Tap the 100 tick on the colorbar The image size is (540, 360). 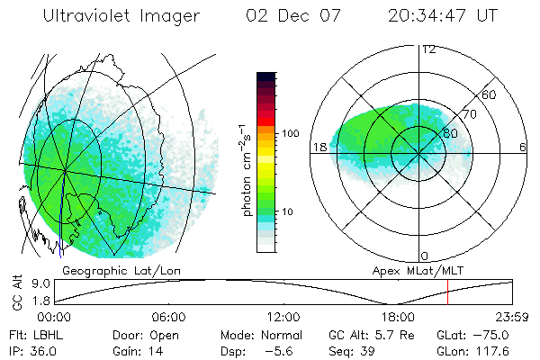(291, 133)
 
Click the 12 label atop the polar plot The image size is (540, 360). (428, 49)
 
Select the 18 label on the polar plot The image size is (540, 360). (318, 147)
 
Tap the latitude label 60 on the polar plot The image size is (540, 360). (489, 94)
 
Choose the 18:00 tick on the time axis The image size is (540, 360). (398, 317)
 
